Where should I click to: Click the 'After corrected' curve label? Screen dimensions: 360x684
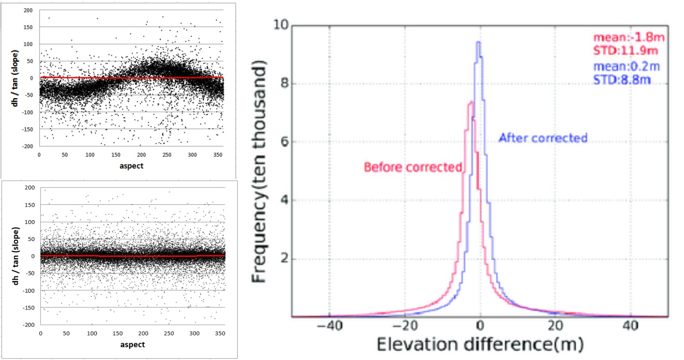coord(543,138)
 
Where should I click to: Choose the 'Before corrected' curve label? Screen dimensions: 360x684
coord(413,167)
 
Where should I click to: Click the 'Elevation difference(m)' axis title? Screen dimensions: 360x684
coord(479,344)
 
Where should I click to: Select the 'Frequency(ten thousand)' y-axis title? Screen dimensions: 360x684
coord(259,173)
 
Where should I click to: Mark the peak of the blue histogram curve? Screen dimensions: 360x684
coord(478,42)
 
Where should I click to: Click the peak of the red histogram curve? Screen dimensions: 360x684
coord(471,102)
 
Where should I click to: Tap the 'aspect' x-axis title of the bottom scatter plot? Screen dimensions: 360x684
coord(132,345)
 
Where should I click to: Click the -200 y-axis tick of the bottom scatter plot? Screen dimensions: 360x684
coord(31,324)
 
